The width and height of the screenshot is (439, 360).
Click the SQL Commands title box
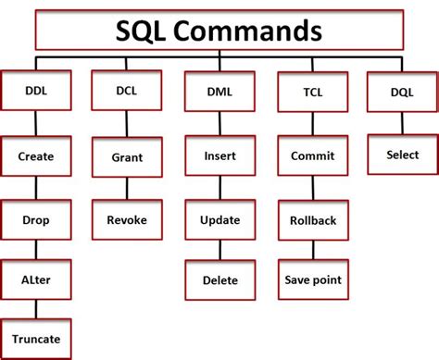click(219, 31)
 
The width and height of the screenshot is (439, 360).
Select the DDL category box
click(34, 93)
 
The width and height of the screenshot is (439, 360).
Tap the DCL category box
click(121, 93)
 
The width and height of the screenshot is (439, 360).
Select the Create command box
click(35, 157)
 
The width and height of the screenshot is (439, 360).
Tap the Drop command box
click(35, 220)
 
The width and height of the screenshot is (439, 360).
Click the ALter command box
click(35, 279)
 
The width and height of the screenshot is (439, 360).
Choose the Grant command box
click(121, 157)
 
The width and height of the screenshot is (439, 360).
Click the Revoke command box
click(121, 220)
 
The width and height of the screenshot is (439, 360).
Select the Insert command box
click(219, 157)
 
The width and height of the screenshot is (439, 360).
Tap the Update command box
click(219, 220)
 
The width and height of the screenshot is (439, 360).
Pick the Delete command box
click(219, 279)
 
